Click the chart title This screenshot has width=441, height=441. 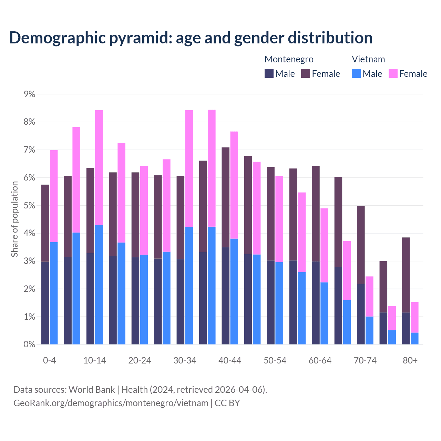191,38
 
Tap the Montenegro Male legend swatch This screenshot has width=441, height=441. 269,74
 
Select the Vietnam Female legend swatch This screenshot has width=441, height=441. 393,74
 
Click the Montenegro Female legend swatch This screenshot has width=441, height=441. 306,74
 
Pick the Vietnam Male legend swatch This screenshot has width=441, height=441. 356,74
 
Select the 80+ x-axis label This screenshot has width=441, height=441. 410,361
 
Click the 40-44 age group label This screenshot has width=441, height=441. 230,361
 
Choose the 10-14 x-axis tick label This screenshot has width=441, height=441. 95,361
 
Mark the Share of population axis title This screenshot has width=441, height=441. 15,219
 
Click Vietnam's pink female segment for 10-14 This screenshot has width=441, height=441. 99,167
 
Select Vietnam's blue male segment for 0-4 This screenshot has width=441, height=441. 54,293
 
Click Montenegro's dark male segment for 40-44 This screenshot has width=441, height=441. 226,296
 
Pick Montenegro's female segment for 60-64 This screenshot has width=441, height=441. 316,214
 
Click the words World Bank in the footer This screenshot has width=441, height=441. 92,390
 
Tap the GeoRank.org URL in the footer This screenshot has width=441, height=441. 111,403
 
